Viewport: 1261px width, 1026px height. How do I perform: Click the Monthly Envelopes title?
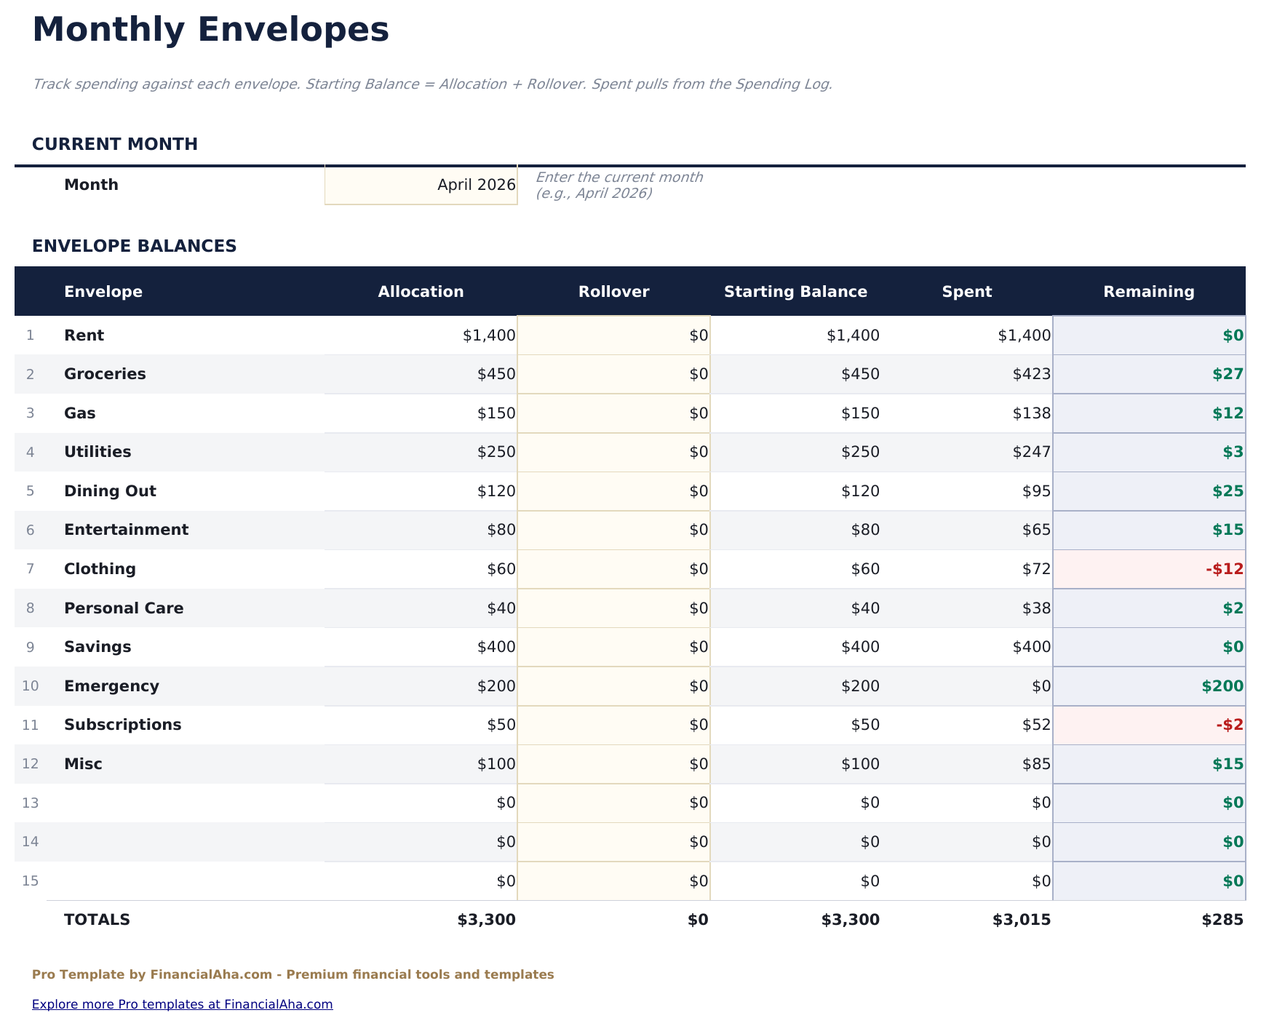(210, 31)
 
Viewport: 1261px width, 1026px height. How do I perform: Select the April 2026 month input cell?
(421, 185)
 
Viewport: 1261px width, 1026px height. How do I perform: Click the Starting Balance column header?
(795, 292)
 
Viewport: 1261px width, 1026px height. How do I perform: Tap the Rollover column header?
(613, 292)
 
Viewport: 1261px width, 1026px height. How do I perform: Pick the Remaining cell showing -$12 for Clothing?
(1150, 569)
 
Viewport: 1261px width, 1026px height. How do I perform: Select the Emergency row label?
(111, 686)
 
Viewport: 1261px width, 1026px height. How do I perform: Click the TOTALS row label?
(97, 920)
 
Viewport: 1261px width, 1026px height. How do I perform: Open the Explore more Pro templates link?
(182, 1004)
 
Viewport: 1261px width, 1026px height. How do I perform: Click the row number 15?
(30, 881)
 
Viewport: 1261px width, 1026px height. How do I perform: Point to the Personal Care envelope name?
(124, 608)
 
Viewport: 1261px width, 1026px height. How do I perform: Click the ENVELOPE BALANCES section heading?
(134, 246)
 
